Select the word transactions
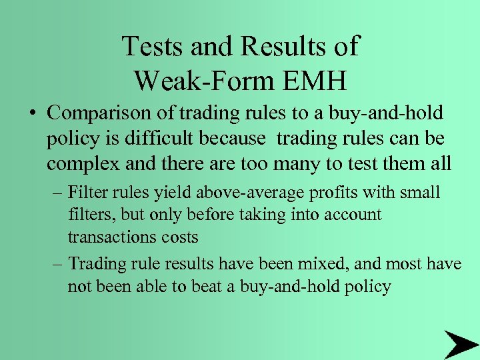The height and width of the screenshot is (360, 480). tap(109, 237)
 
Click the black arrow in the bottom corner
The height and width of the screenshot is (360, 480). tap(460, 344)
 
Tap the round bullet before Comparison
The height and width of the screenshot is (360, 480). tap(33, 113)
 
